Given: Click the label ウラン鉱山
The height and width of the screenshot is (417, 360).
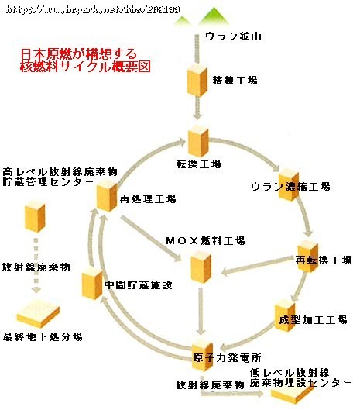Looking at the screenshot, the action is click(233, 36).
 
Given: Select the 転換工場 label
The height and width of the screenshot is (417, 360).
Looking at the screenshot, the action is click(198, 164).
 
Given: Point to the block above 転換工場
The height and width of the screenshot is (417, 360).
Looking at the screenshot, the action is click(198, 141).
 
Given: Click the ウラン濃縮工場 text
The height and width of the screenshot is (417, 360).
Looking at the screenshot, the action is click(290, 187).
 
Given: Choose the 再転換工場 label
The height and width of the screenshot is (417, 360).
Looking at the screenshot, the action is click(324, 260).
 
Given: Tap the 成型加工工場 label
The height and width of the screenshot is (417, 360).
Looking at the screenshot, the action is click(313, 319).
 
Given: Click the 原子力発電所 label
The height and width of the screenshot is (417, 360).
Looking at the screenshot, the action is click(227, 357).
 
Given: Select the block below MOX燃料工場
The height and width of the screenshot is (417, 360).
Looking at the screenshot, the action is click(201, 267).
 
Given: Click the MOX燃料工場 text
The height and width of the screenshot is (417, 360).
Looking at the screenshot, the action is click(205, 241).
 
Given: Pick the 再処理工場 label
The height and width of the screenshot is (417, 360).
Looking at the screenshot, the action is click(148, 198).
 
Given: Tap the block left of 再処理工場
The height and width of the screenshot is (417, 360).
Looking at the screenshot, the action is click(107, 196).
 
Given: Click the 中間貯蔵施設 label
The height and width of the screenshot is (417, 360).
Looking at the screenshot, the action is click(138, 284).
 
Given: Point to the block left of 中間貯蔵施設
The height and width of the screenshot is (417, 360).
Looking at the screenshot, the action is click(92, 283).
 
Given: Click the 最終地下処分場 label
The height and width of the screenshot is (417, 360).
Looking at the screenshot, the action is click(43, 337).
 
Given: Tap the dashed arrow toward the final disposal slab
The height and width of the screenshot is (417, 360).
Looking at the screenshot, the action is click(36, 265).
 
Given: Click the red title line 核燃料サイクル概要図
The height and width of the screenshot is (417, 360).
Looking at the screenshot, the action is click(85, 67).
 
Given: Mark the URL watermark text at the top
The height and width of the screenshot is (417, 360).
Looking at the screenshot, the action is click(93, 9).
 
